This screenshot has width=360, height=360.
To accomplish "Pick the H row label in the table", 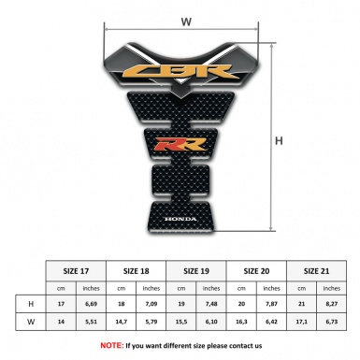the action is (x=31, y=304).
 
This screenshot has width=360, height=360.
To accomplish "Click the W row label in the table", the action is (x=31, y=323).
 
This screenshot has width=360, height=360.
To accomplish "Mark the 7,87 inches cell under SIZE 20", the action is (x=272, y=304).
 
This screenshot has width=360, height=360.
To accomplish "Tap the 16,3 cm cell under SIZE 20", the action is (x=242, y=323).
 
